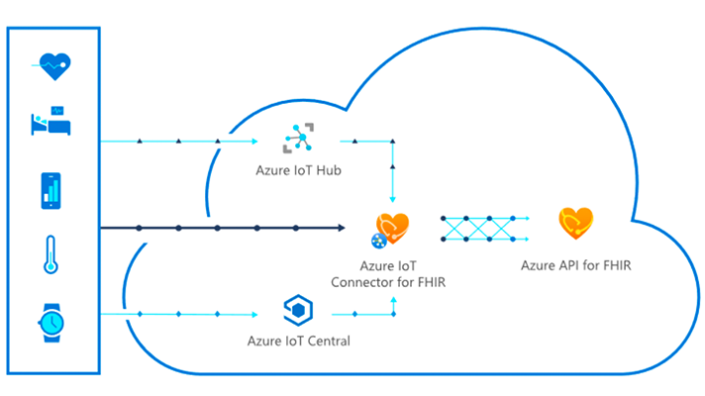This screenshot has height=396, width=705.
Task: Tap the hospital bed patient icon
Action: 50,123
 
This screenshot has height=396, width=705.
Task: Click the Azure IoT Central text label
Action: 298,342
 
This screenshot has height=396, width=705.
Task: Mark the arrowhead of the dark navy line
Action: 342,228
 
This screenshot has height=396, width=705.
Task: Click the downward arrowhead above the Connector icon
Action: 395,196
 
